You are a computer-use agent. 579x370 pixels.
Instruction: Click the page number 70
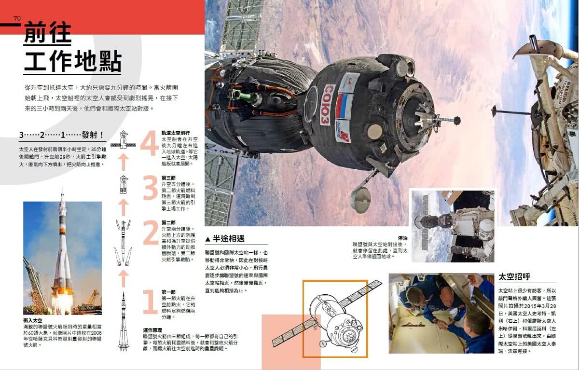coord(17,18)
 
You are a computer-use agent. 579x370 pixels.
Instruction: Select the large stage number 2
coord(151,233)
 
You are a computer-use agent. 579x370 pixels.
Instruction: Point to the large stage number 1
coord(151,302)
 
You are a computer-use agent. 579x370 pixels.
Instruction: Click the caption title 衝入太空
coord(32,320)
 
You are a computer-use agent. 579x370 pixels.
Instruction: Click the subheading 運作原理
coord(154,330)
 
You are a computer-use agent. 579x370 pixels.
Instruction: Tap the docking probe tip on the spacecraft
coord(456,119)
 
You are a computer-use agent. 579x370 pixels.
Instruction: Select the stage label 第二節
coord(168,222)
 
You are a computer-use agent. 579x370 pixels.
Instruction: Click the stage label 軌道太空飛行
coord(176,133)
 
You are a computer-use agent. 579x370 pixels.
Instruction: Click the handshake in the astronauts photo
coord(441,325)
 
